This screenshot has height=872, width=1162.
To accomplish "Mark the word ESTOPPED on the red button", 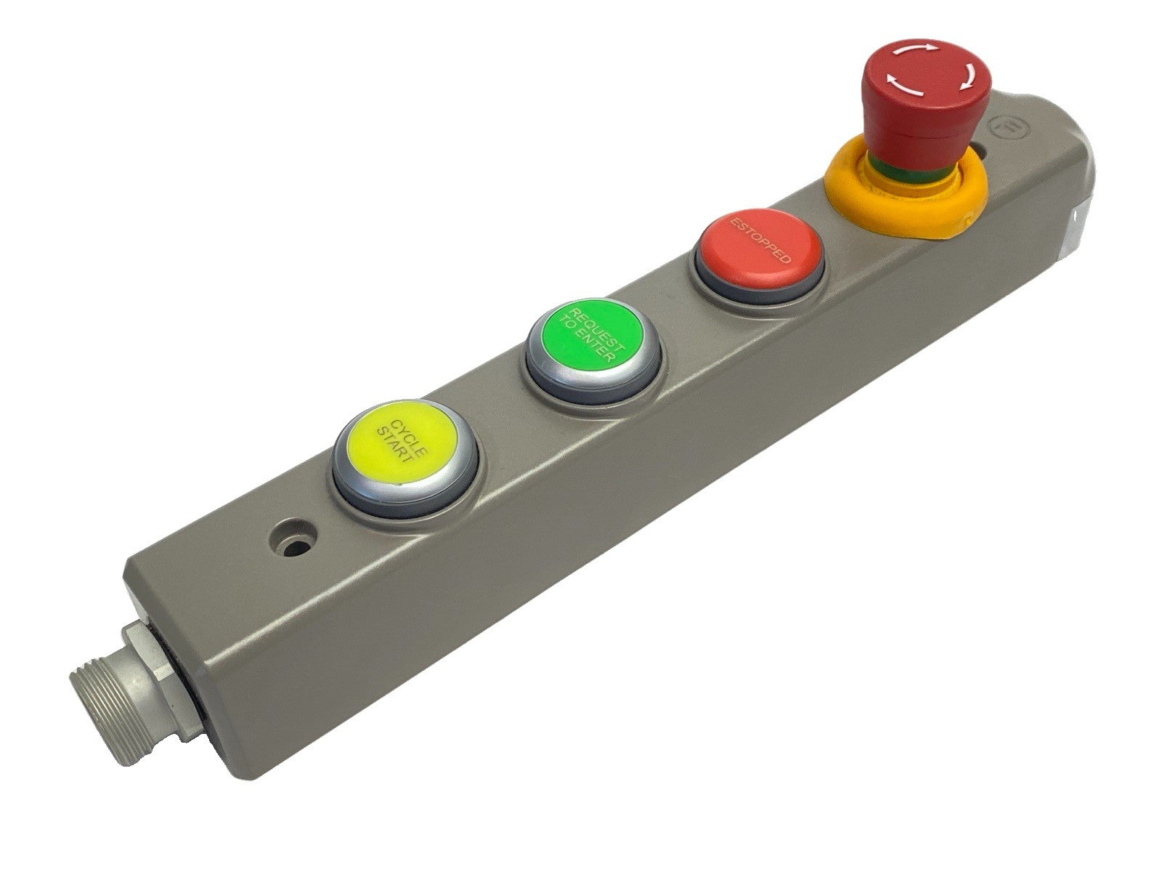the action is click(x=760, y=239).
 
